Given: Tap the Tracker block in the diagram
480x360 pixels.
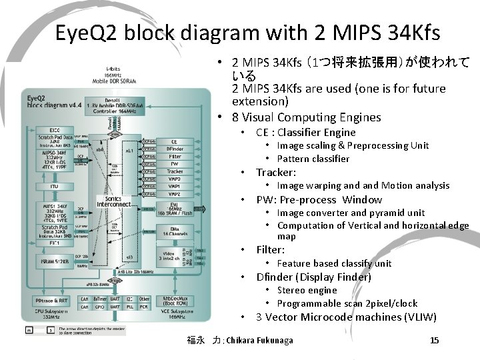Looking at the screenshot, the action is click(x=175, y=171).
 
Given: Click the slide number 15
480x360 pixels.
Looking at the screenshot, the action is click(x=434, y=341).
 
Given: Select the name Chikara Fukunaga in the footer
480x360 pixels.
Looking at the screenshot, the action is click(x=260, y=341).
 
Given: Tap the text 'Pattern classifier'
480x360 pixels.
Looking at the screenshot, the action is click(x=313, y=159).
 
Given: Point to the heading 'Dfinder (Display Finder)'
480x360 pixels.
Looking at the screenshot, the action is click(x=313, y=277).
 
